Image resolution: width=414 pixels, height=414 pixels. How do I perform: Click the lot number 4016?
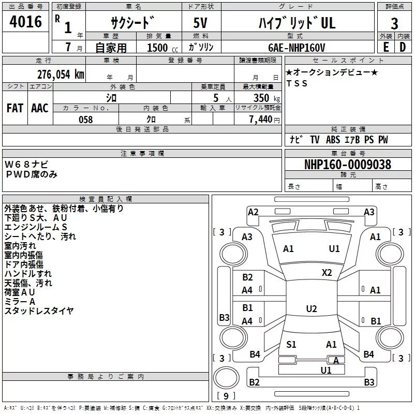coord(25,22)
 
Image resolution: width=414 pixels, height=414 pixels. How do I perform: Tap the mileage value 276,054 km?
coord(61,75)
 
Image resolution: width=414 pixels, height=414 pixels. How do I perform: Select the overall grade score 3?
coord(394,23)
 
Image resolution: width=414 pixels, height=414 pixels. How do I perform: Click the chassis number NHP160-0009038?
coord(348,165)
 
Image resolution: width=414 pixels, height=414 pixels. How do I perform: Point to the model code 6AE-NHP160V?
coord(296,48)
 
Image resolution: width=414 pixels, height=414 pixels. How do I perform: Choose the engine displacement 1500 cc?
coord(162,48)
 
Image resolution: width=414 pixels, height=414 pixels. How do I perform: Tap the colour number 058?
coord(86,120)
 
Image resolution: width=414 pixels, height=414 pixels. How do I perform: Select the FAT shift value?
coord(15,108)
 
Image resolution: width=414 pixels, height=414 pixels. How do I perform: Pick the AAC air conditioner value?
coord(40,108)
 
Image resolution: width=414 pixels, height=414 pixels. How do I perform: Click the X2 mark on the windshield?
coord(327,273)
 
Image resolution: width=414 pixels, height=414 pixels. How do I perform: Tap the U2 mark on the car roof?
coord(312,308)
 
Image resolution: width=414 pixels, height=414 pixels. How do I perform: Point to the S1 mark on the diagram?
coord(291,344)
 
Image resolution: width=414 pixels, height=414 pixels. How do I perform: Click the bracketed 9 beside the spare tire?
coord(226,396)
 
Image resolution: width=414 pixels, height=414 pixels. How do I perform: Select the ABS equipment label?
coord(333,140)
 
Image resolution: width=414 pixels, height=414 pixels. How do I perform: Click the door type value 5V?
coord(200,23)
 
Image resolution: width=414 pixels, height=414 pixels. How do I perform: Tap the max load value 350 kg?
coord(267,98)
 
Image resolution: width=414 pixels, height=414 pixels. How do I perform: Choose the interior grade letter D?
coord(403,47)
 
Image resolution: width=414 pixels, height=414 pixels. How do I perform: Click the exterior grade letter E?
coord(386,47)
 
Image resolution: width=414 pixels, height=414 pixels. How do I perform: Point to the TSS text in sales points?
coord(297,83)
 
